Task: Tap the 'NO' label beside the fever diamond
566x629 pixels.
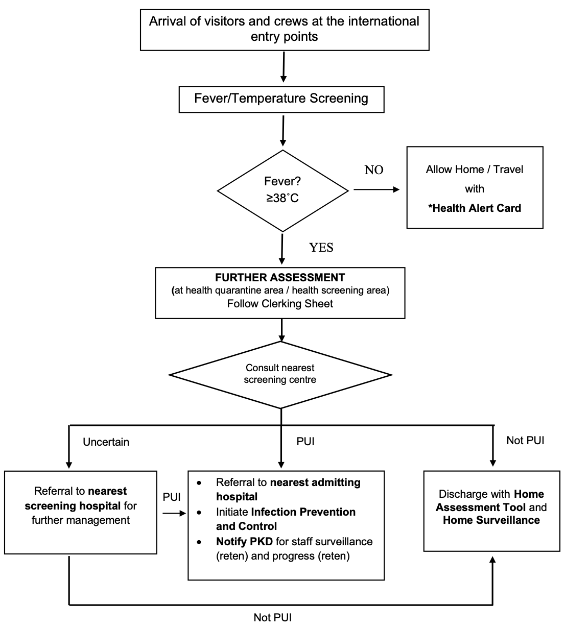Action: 374,170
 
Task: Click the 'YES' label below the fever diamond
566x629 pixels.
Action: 321,248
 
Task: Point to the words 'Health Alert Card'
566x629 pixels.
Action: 477,208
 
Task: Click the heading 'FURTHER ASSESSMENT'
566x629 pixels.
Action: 280,278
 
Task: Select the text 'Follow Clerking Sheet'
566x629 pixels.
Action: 280,304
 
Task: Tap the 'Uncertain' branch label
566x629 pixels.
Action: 106,442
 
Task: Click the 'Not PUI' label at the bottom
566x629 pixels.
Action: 273,617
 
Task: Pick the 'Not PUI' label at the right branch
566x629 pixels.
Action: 525,440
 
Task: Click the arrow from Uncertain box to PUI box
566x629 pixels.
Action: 174,513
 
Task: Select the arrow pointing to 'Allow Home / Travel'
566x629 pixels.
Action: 376,189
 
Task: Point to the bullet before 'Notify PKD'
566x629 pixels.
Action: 199,542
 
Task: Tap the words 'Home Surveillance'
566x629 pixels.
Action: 491,520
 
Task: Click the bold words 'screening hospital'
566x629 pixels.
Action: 73,506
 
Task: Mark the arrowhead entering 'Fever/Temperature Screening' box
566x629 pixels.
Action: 284,79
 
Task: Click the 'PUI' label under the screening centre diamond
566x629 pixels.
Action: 305,442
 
